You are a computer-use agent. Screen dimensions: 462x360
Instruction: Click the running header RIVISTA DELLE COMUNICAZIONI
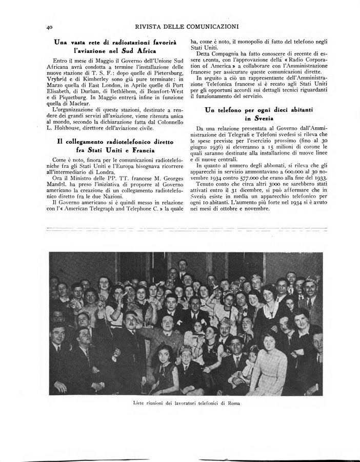click(187, 27)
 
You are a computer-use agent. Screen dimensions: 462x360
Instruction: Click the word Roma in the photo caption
click(231, 403)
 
